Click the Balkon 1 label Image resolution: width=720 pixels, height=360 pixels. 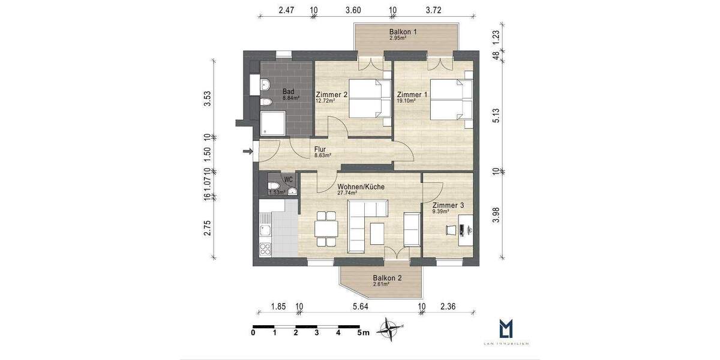click(403, 31)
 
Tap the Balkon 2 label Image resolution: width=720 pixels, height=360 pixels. click(387, 278)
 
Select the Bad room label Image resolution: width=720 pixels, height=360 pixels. click(288, 92)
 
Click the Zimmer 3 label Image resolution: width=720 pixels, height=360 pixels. click(448, 205)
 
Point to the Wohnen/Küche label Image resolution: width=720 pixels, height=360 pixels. click(361, 187)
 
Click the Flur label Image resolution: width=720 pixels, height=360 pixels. click(320, 149)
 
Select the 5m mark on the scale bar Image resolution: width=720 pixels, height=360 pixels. click(362, 332)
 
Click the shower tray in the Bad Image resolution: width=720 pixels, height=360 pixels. click(270, 124)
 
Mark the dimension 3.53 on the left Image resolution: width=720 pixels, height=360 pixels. click(208, 98)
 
